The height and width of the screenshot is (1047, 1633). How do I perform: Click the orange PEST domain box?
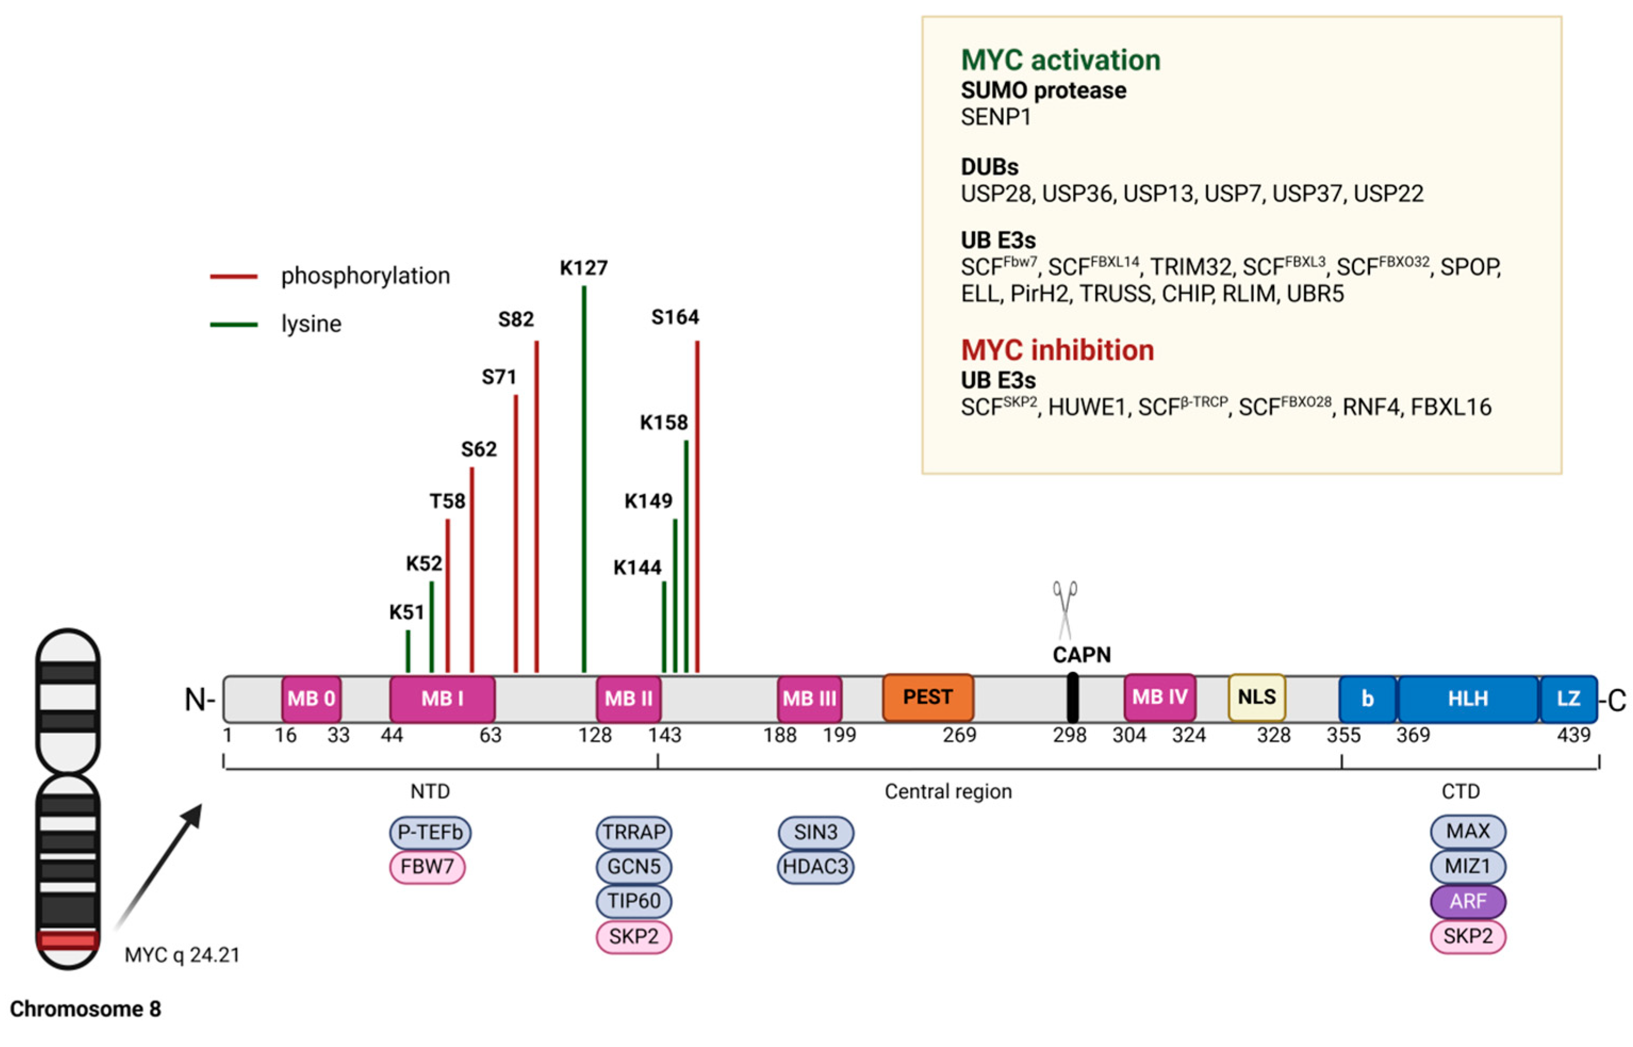(x=927, y=697)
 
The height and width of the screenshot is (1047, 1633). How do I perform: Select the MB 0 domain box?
(x=311, y=699)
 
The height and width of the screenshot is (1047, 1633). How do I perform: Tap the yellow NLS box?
(x=1256, y=697)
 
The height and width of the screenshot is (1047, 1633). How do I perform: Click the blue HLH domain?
(x=1467, y=699)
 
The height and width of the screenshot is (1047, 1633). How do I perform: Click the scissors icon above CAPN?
(x=1065, y=609)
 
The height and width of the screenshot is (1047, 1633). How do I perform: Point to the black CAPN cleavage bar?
(x=1072, y=697)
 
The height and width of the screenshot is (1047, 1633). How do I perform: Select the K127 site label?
(x=583, y=268)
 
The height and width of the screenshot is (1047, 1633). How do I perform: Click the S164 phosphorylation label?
(x=675, y=318)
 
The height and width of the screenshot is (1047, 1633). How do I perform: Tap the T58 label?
(x=447, y=502)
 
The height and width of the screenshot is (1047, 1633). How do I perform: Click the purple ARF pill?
(x=1467, y=902)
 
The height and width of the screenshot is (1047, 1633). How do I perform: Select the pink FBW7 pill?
(x=426, y=867)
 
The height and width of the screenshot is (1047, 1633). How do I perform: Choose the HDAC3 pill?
(x=815, y=867)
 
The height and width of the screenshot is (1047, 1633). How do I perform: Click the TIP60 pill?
(x=633, y=902)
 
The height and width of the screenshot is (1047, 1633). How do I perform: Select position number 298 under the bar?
(x=1069, y=736)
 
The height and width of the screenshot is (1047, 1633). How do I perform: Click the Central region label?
(x=947, y=792)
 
